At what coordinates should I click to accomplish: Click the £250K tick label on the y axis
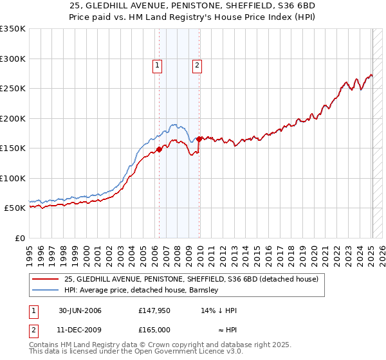(13, 89)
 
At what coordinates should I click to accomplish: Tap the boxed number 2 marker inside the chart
(197, 64)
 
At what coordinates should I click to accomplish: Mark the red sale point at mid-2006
(159, 150)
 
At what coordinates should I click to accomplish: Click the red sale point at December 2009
(199, 139)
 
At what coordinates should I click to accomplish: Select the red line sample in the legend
(46, 279)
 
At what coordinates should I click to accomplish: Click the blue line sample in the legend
(46, 290)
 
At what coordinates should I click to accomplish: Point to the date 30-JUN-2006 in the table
(80, 310)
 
